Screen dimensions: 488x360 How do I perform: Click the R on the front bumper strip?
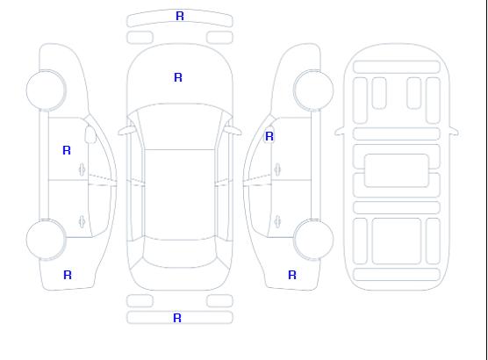tap(180, 16)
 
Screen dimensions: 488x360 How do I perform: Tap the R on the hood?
tap(178, 77)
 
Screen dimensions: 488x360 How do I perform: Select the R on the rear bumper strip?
tap(177, 318)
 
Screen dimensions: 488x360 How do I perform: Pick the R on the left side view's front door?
tap(67, 150)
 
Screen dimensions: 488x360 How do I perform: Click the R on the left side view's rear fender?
tap(68, 275)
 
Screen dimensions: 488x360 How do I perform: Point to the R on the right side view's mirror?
tap(269, 136)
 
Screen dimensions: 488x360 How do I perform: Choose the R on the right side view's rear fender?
tap(292, 275)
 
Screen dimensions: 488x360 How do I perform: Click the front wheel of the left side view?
tap(46, 90)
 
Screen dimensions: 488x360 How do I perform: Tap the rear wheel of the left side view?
tap(46, 240)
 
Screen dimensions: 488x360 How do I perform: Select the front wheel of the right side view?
tap(313, 90)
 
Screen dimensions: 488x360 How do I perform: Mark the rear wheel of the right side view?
tap(313, 240)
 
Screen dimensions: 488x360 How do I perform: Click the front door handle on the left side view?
tap(83, 169)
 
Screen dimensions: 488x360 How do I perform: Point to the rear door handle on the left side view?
tap(83, 221)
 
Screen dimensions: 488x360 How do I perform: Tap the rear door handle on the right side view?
tap(277, 221)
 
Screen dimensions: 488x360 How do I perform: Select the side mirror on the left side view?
tap(90, 134)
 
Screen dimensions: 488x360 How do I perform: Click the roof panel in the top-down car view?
tap(180, 195)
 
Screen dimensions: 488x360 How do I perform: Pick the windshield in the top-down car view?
tap(180, 126)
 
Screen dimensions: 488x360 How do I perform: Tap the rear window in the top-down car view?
tap(180, 253)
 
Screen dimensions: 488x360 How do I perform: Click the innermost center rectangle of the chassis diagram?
tap(397, 170)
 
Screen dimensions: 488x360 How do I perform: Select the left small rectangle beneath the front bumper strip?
tap(140, 38)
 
